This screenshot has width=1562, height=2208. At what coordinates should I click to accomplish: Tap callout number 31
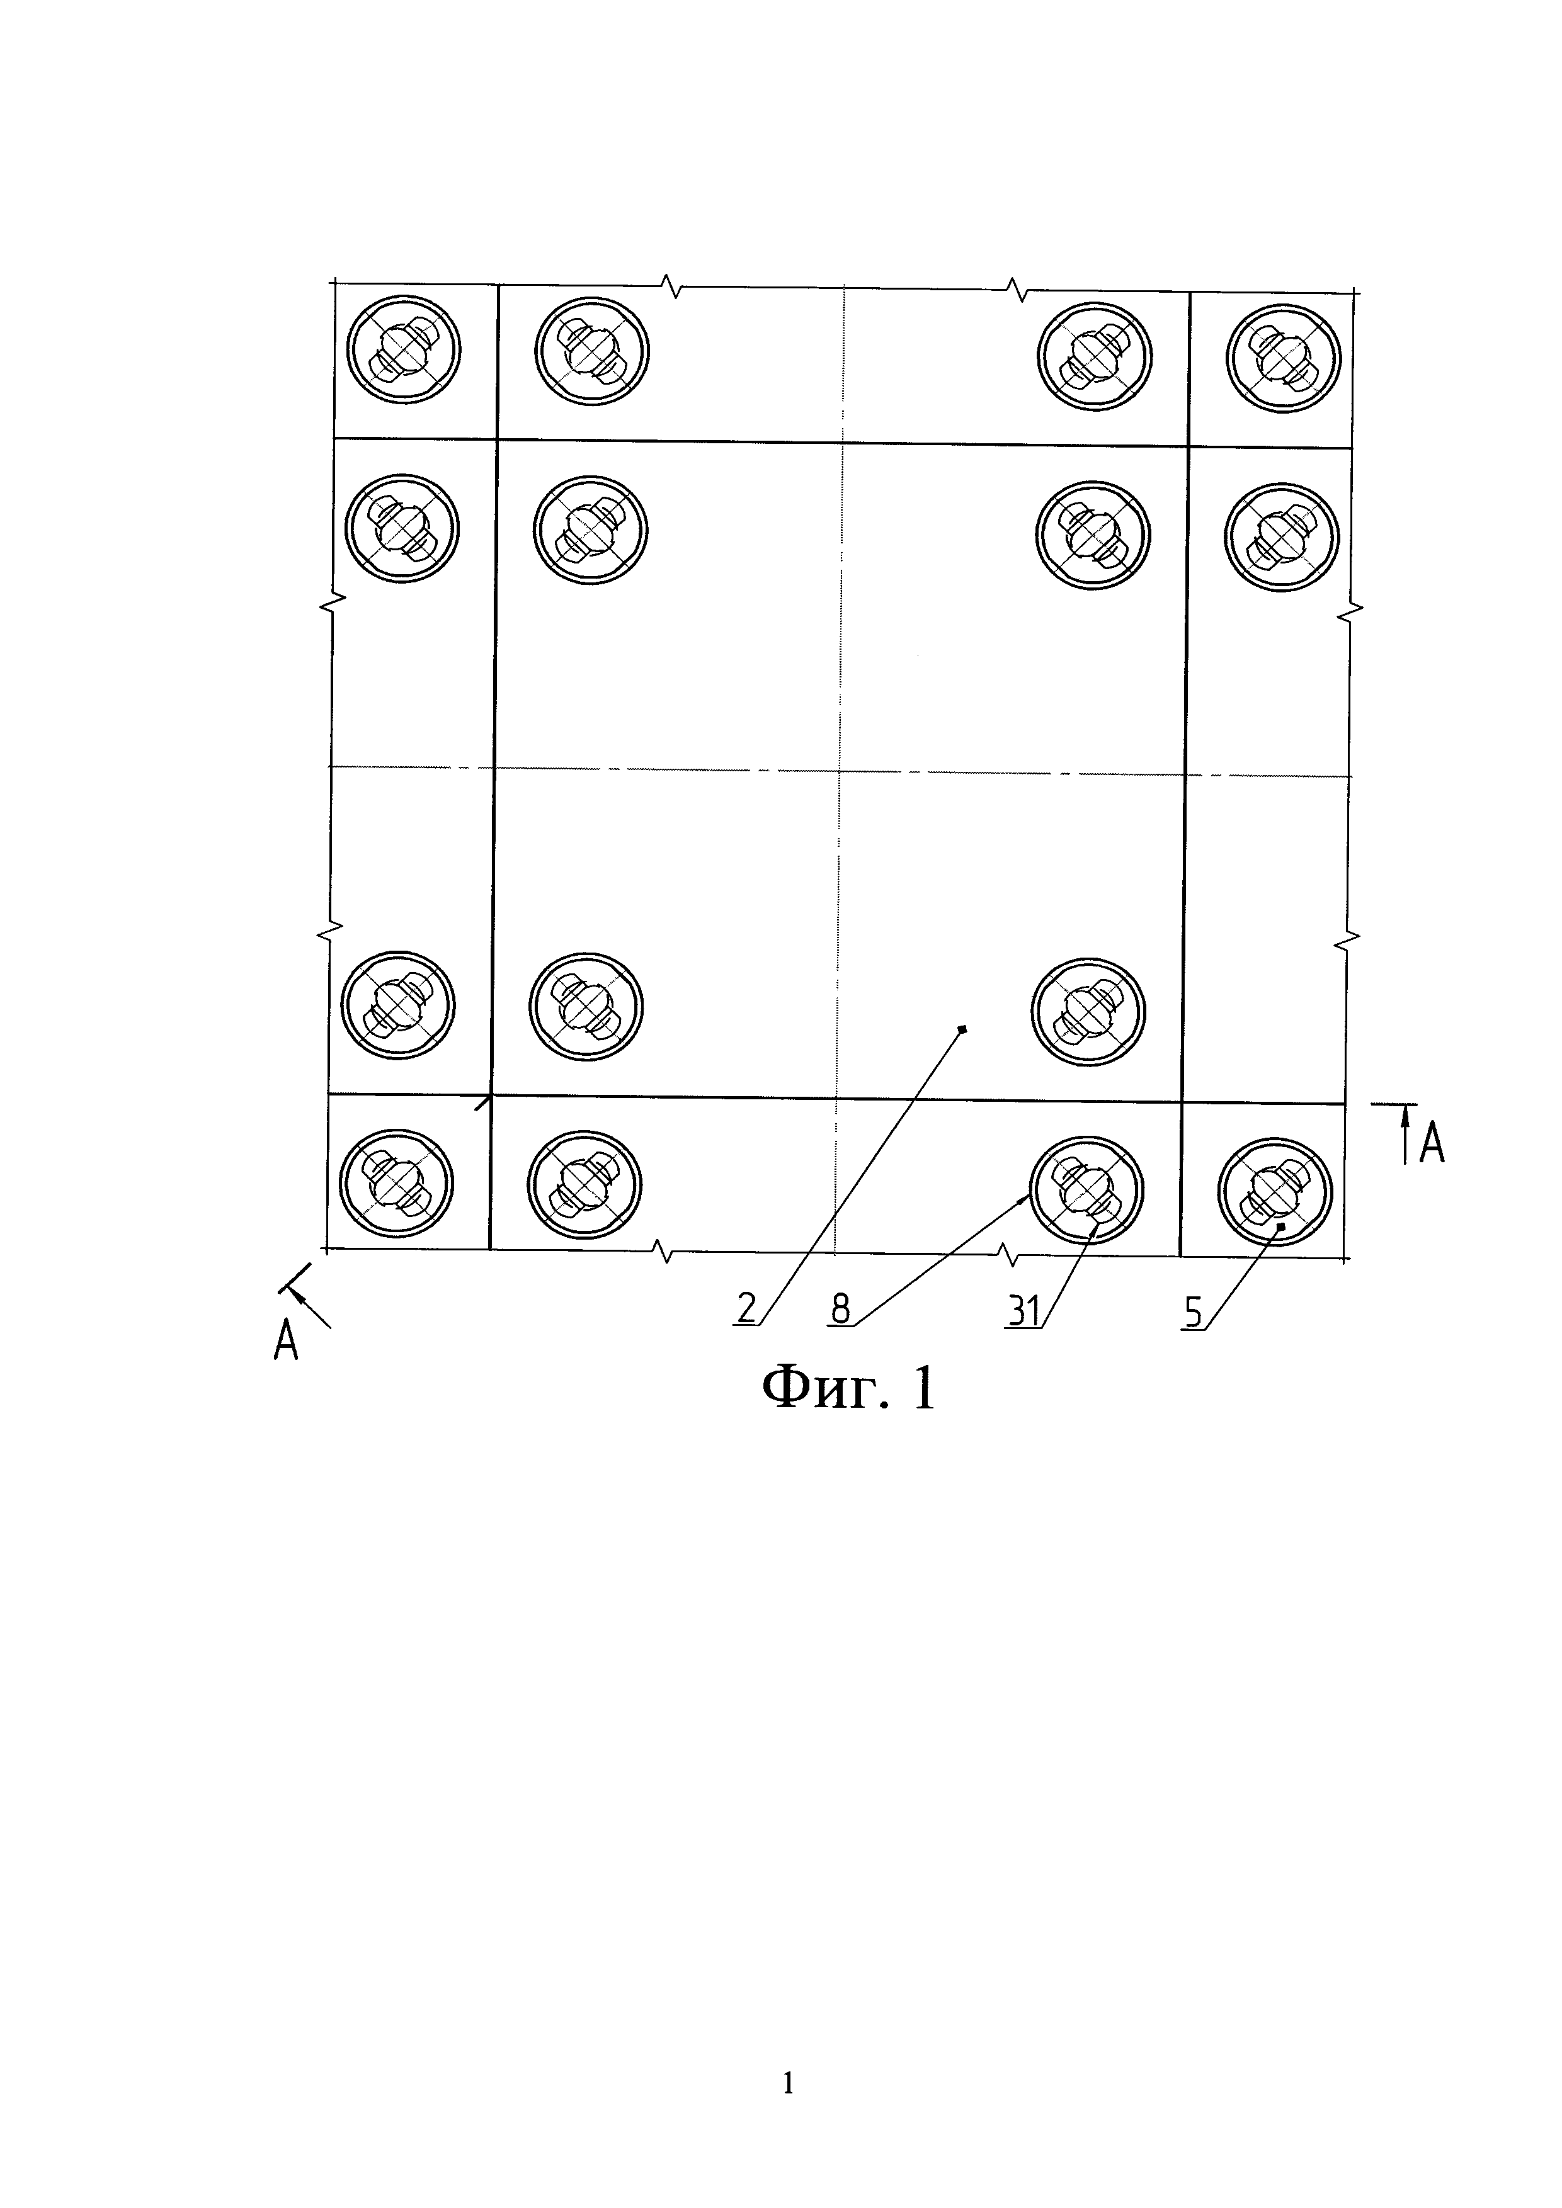pyautogui.click(x=1023, y=1311)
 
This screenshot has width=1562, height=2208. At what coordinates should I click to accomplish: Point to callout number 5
pyautogui.click(x=1193, y=1311)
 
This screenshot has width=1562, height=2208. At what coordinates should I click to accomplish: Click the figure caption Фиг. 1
pyautogui.click(x=847, y=1389)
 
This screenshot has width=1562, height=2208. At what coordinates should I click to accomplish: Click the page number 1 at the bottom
pyautogui.click(x=789, y=2083)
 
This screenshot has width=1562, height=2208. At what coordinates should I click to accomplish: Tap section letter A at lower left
pyautogui.click(x=286, y=1340)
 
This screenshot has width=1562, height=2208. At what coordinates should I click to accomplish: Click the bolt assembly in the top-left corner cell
pyautogui.click(x=404, y=352)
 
